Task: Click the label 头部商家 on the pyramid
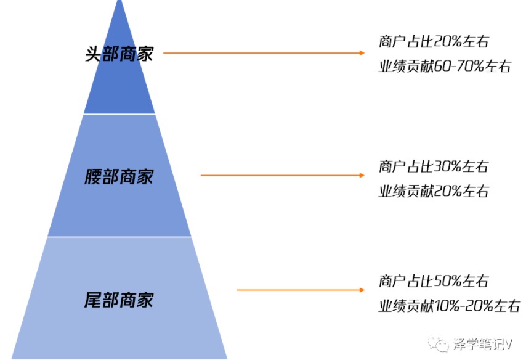click(119, 54)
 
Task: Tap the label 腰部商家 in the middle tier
click(119, 176)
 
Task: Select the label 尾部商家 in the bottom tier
click(119, 300)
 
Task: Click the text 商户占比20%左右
click(434, 41)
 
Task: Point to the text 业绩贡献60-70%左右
click(445, 66)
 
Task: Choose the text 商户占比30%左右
click(434, 166)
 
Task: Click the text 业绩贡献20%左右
click(434, 191)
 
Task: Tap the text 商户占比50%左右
click(434, 280)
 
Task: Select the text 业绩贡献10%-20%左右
click(450, 306)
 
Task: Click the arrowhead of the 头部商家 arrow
click(362, 53)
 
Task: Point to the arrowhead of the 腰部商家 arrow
click(362, 175)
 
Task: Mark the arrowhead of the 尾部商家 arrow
click(362, 290)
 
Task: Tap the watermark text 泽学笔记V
click(483, 344)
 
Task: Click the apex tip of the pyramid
click(119, 1)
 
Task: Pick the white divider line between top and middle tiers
click(119, 114)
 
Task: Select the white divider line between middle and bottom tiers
click(119, 237)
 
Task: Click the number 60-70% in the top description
click(459, 66)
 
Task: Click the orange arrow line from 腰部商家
click(283, 175)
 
